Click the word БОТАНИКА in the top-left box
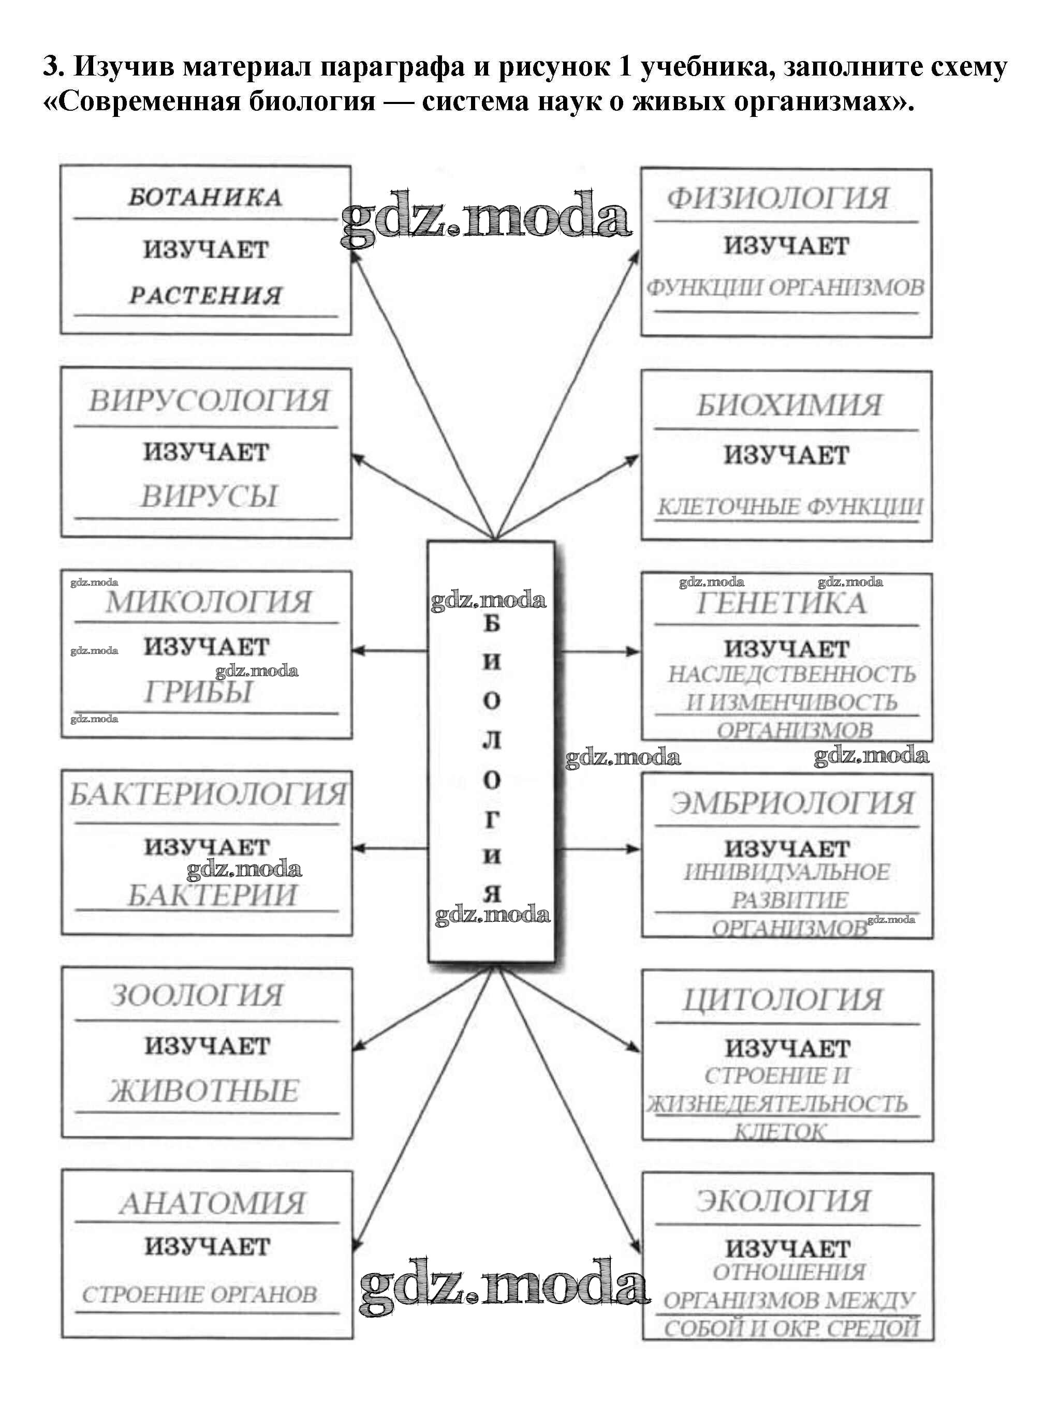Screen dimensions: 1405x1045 click(205, 197)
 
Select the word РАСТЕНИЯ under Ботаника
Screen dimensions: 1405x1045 click(205, 295)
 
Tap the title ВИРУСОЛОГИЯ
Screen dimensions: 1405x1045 click(208, 401)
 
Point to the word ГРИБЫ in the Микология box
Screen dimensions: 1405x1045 click(199, 692)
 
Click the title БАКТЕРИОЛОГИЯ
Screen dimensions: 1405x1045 click(208, 794)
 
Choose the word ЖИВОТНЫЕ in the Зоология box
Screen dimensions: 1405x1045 click(204, 1092)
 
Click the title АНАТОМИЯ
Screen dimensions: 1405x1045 click(212, 1203)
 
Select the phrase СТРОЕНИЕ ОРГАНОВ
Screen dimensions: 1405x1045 click(199, 1294)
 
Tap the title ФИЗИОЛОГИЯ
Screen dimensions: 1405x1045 click(778, 199)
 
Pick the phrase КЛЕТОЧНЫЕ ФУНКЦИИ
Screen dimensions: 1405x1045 click(789, 506)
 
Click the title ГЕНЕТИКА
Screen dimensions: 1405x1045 click(781, 603)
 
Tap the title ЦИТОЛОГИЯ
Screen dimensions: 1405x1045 click(783, 1000)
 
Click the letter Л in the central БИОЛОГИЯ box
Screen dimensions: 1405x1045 click(492, 740)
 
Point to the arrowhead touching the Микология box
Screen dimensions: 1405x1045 click(358, 651)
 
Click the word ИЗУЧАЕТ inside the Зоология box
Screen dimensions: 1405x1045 click(207, 1046)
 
